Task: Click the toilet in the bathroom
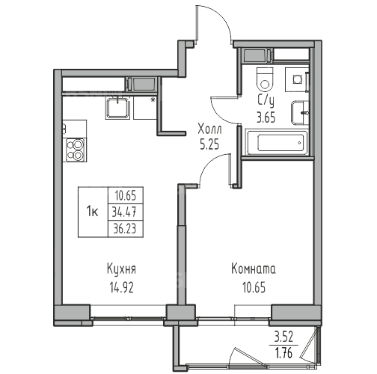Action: [264, 79]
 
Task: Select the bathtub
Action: [278, 142]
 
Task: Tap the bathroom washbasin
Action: [300, 113]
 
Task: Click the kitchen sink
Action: [117, 108]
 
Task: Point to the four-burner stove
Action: [76, 150]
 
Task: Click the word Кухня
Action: [121, 269]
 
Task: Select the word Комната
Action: [254, 269]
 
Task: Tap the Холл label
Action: [209, 129]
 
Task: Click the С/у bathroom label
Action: [266, 100]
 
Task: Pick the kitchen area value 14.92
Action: [122, 288]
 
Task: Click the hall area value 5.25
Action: [209, 144]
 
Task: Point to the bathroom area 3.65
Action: [266, 117]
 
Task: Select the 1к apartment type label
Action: [92, 212]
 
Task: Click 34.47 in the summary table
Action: [124, 212]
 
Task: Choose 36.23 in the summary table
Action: [124, 229]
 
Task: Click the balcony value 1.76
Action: [283, 354]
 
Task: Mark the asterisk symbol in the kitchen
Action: [153, 100]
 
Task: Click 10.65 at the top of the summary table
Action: [126, 196]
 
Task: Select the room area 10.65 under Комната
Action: [254, 288]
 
